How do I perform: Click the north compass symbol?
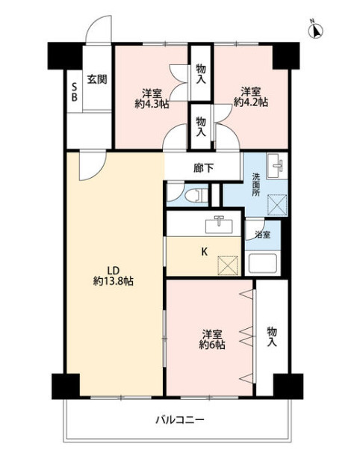(316, 29)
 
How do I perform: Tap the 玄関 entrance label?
(97, 79)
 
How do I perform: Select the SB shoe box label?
(74, 92)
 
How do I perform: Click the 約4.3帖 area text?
(152, 104)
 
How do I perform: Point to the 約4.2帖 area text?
(251, 102)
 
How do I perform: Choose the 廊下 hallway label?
(204, 168)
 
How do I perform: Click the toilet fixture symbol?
(196, 195)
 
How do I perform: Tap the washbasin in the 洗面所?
(277, 166)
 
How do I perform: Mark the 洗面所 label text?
(256, 185)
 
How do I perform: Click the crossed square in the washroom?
(277, 205)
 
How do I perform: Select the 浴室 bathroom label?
(263, 235)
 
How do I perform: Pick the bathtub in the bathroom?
(262, 263)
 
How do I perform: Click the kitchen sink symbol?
(219, 225)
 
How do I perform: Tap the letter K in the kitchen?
(204, 252)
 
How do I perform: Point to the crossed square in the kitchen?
(228, 265)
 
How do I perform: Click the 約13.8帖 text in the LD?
(114, 281)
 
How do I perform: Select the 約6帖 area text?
(212, 345)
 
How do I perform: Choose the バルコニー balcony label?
(180, 419)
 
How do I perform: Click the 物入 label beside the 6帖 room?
(272, 336)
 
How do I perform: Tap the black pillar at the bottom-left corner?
(66, 386)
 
